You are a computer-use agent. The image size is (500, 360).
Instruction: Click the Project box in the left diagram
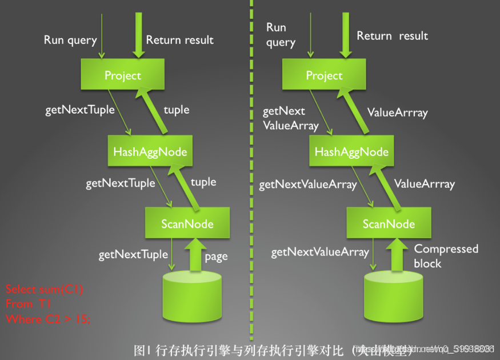tap(122, 75)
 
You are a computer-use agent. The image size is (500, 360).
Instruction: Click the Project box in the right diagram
tap(324, 75)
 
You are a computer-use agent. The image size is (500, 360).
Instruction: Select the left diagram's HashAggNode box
tap(150, 151)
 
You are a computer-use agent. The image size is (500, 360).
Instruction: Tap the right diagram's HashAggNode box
tap(351, 151)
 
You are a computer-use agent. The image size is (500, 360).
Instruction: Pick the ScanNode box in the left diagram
tap(187, 223)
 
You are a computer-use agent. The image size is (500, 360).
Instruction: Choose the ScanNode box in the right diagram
tap(389, 223)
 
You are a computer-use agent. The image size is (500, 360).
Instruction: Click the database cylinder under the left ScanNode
tap(192, 294)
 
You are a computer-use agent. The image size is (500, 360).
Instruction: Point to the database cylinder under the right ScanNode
tap(394, 294)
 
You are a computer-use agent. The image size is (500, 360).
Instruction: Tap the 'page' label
tap(216, 256)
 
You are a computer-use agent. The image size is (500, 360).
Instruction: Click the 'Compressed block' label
tap(446, 255)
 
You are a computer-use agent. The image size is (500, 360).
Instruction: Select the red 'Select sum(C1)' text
tap(45, 289)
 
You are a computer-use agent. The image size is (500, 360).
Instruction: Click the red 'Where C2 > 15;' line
tap(48, 319)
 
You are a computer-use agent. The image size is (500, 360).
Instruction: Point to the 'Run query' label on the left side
tap(70, 40)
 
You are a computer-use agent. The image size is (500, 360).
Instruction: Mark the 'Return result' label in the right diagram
tap(392, 35)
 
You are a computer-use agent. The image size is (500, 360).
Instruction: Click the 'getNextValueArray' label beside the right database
tap(320, 252)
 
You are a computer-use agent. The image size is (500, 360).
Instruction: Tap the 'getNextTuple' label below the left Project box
tap(80, 109)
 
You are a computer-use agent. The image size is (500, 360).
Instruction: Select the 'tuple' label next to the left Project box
tap(176, 109)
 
